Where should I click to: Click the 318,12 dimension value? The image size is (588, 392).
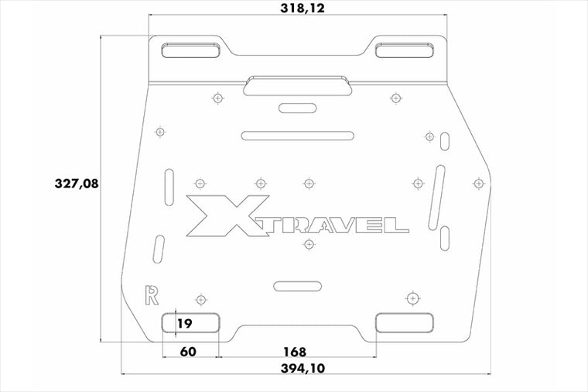[x=303, y=8]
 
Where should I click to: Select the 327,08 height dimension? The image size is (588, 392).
[x=77, y=184]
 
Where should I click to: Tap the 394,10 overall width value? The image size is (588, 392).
[x=303, y=368]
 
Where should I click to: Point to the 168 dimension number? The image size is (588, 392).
[x=295, y=352]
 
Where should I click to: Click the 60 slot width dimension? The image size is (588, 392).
[x=188, y=352]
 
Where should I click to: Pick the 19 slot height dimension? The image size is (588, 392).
[x=184, y=323]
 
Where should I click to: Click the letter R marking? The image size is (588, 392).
[x=152, y=295]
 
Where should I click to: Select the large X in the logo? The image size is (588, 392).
[x=227, y=215]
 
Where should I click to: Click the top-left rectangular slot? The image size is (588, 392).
[x=191, y=50]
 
